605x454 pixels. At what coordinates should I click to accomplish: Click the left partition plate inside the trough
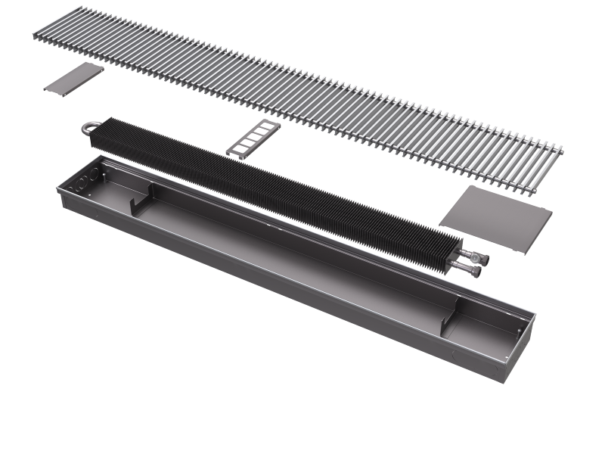click(x=141, y=204)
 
